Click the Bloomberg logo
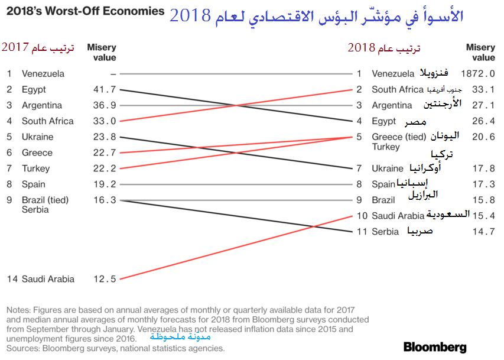tap(435, 347)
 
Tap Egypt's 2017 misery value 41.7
tap(105, 89)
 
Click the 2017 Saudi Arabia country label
tap(48, 278)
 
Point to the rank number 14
tap(12, 278)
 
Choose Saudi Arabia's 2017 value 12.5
tap(105, 278)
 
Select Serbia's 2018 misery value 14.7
tap(483, 232)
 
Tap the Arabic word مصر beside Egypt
tap(415, 122)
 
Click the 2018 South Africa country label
tap(397, 90)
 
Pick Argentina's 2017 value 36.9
tap(105, 105)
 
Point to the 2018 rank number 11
tap(360, 232)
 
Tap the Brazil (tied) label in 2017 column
tap(45, 200)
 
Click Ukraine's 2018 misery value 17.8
tap(483, 168)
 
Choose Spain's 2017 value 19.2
tap(105, 184)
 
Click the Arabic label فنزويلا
tap(434, 73)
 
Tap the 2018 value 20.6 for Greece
tap(483, 137)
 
